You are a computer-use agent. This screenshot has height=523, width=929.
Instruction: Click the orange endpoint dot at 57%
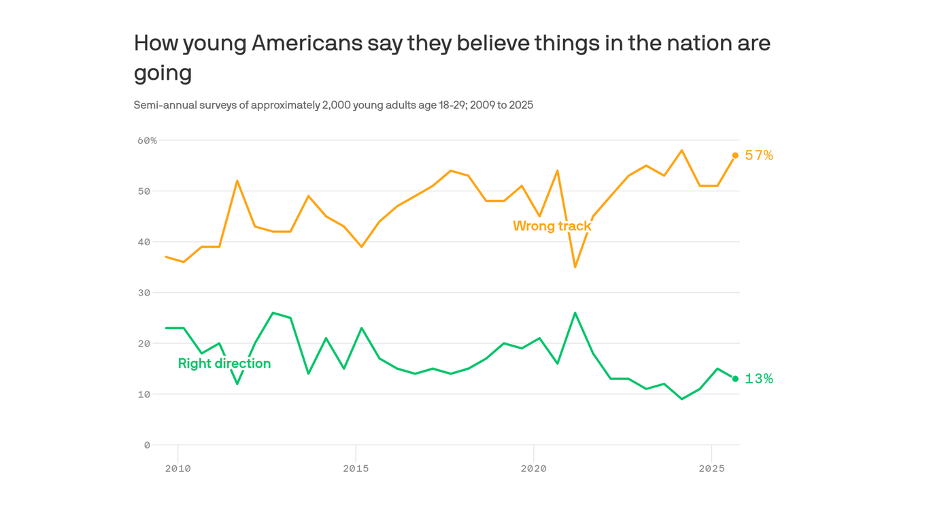pos(735,155)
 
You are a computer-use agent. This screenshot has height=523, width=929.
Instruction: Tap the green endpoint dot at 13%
pos(735,379)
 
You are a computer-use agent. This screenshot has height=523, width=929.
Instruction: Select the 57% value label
pos(759,155)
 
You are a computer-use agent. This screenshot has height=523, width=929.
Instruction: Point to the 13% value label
pos(759,379)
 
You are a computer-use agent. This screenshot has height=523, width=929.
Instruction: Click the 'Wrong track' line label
pos(552,225)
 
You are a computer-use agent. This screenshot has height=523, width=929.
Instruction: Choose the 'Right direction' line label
pos(224,364)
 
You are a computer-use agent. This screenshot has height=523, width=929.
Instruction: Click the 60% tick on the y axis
pos(148,140)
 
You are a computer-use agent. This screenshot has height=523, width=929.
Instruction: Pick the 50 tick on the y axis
pos(144,191)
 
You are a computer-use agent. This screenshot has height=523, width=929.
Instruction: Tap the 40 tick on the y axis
pos(144,242)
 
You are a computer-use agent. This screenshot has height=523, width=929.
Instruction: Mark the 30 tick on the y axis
pos(144,293)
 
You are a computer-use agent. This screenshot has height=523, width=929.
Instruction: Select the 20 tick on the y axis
pos(144,344)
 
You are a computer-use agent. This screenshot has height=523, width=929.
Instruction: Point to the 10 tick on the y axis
pos(144,394)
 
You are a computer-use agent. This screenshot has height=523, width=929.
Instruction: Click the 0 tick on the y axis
pos(147,445)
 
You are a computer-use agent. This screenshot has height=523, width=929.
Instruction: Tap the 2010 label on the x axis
pos(178,469)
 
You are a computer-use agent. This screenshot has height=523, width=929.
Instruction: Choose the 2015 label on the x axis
pos(356,469)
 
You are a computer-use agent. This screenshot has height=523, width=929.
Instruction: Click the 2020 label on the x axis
pos(534,469)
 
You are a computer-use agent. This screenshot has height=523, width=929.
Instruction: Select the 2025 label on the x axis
pos(711,469)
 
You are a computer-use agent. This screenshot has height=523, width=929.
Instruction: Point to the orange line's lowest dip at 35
pos(575,266)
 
